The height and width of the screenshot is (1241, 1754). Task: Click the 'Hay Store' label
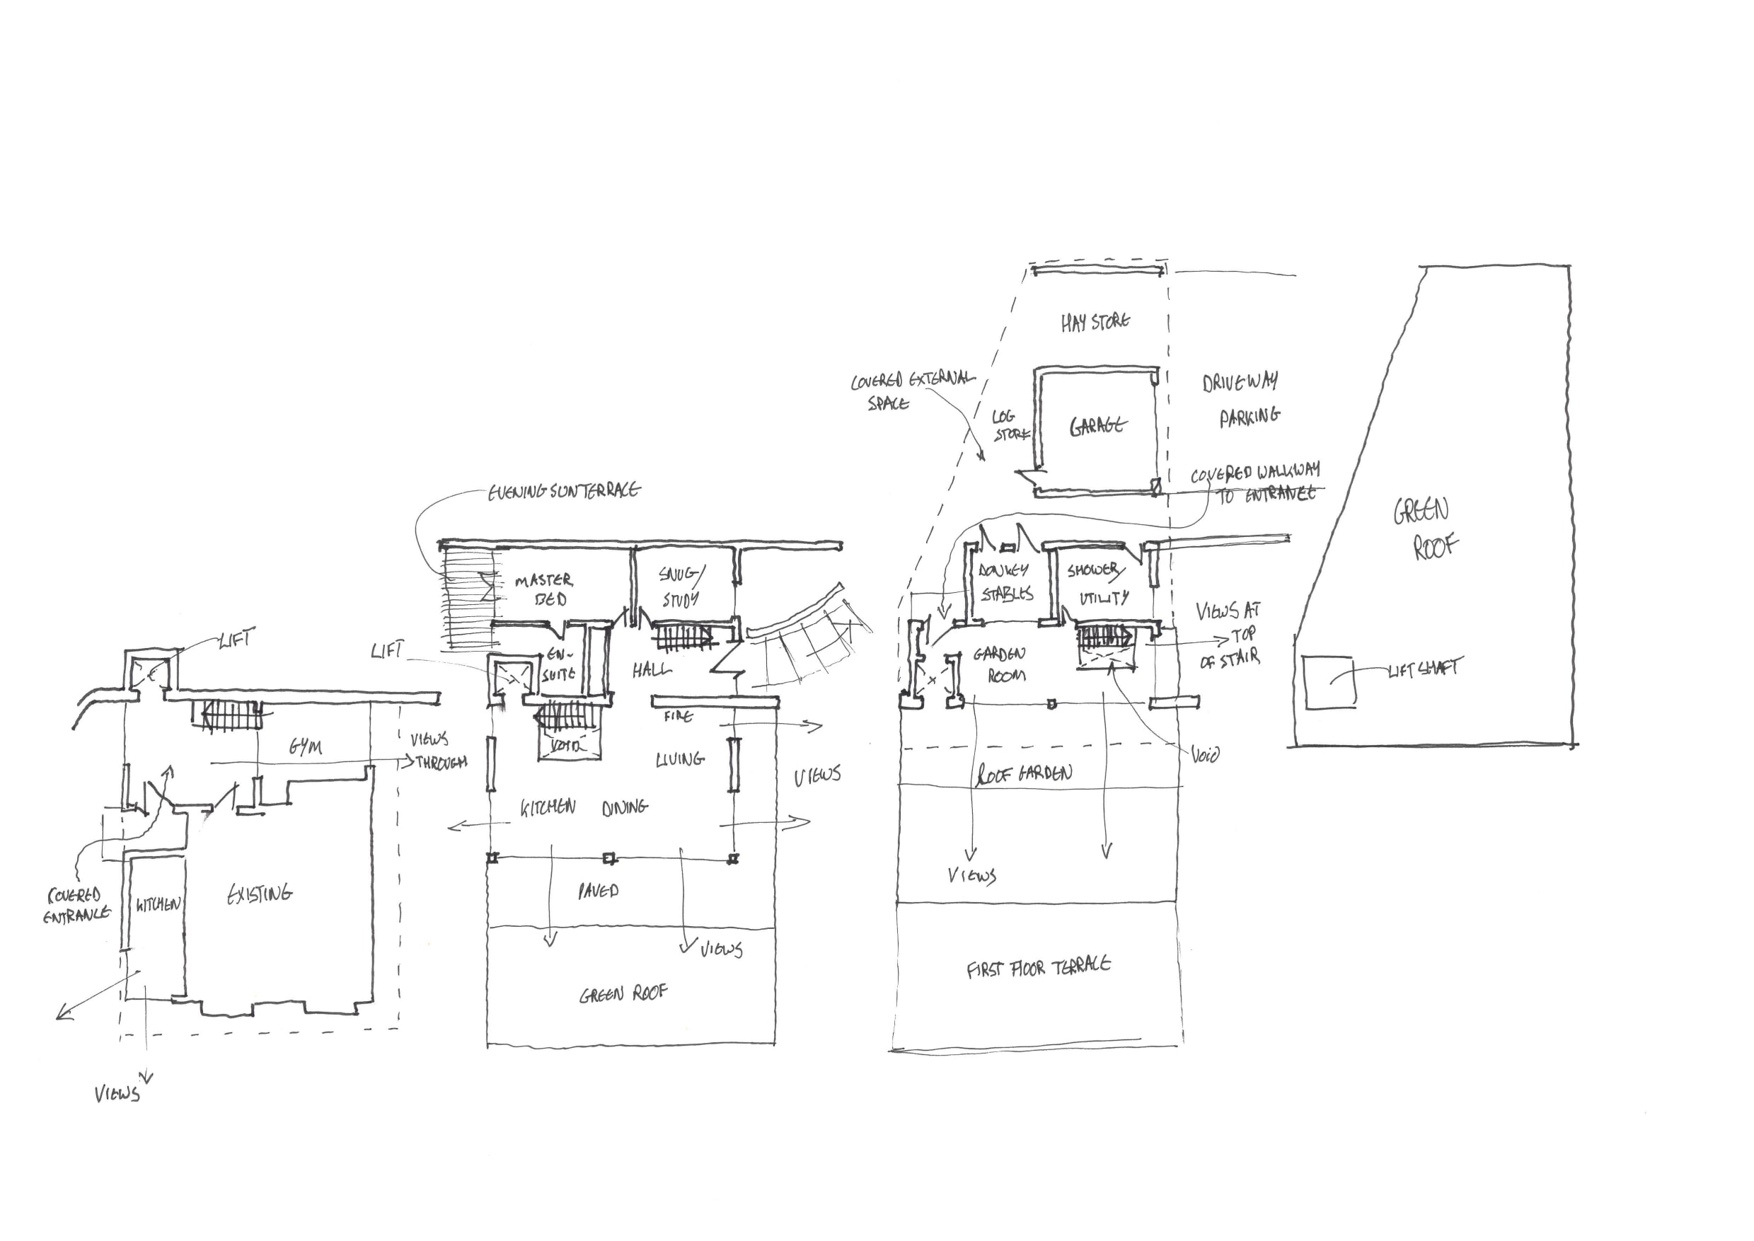(x=1095, y=323)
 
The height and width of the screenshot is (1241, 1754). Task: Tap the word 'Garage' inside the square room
(x=1097, y=427)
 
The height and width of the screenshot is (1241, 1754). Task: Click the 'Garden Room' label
(x=1000, y=665)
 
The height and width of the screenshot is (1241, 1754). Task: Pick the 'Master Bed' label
(x=545, y=590)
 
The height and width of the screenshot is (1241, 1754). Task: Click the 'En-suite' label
(x=558, y=665)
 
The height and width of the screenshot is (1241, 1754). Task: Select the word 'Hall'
(x=652, y=670)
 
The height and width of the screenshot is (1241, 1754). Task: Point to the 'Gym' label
(x=306, y=746)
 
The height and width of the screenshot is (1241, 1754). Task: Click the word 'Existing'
(x=260, y=894)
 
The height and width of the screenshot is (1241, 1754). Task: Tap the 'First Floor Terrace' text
(x=1038, y=968)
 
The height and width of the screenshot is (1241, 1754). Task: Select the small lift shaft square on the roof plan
(x=1330, y=681)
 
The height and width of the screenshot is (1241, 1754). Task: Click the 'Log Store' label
(x=1008, y=426)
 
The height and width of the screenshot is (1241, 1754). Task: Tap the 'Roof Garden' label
(x=1024, y=775)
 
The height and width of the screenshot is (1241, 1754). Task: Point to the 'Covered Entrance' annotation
(x=76, y=905)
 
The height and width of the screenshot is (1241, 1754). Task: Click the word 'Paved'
(x=599, y=890)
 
